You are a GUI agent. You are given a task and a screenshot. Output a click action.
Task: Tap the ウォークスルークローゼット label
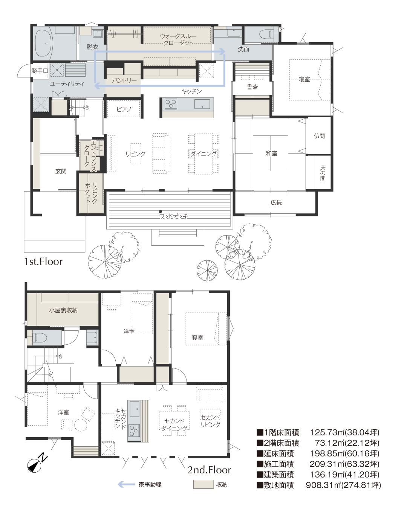(178, 40)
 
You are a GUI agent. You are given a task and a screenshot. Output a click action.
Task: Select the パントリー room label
(124, 81)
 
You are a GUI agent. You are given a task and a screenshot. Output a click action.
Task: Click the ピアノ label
(124, 109)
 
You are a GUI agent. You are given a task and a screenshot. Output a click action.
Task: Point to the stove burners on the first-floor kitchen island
(171, 104)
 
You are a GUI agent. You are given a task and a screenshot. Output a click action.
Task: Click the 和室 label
(271, 153)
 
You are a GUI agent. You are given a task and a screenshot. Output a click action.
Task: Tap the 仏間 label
(319, 136)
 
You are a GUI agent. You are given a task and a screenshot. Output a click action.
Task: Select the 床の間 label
(323, 173)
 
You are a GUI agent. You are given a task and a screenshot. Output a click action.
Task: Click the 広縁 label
(276, 202)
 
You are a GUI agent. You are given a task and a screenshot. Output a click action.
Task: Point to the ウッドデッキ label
(173, 216)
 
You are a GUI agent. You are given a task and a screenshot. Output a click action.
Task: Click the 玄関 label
(61, 171)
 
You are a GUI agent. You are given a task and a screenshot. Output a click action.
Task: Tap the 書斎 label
(252, 87)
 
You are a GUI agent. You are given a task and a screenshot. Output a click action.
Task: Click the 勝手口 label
(40, 70)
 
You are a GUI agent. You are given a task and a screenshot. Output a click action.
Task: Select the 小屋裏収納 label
(63, 310)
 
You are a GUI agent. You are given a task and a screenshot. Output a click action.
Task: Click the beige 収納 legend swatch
(203, 484)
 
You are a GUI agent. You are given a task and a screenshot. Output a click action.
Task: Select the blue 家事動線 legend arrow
(126, 484)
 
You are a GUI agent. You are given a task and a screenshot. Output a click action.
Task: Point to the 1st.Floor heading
(43, 262)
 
